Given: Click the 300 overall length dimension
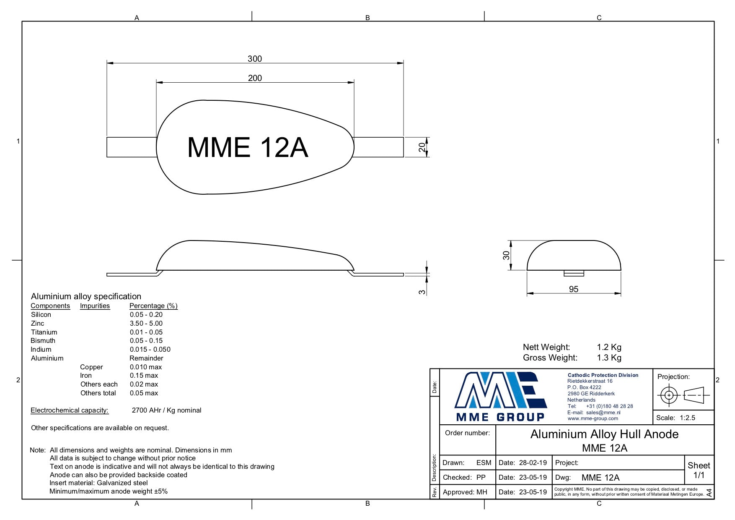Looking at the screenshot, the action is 255,59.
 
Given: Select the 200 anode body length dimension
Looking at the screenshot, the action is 255,78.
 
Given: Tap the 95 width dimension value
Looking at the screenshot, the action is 574,289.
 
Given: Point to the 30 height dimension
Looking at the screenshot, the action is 507,255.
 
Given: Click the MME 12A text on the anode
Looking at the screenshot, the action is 248,147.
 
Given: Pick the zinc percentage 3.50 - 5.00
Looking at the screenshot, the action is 146,323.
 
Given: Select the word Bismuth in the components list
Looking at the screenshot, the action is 43,340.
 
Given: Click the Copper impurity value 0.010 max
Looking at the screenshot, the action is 145,367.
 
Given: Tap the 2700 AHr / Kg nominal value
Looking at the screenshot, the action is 166,410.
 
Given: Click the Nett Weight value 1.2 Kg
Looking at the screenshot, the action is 609,347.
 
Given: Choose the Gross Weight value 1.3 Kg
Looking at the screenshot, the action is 609,358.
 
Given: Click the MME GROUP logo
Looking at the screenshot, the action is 501,397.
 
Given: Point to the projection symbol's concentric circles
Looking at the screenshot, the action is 669,395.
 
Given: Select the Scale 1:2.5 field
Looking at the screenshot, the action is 675,418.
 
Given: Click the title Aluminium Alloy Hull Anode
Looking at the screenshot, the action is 604,434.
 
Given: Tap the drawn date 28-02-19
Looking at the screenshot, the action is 533,463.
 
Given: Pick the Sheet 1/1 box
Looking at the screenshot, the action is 699,470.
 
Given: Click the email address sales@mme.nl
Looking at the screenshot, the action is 603,413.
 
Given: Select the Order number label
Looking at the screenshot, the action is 467,433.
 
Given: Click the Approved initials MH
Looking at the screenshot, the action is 482,492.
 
